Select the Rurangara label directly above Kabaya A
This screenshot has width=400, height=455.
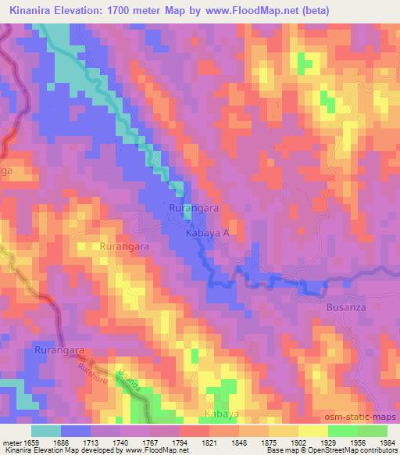195,209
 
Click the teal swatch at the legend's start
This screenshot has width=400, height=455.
45,431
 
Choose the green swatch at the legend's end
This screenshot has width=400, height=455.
372,431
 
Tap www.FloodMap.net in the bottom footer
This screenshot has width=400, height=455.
152,450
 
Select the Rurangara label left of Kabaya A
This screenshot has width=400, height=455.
125,245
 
